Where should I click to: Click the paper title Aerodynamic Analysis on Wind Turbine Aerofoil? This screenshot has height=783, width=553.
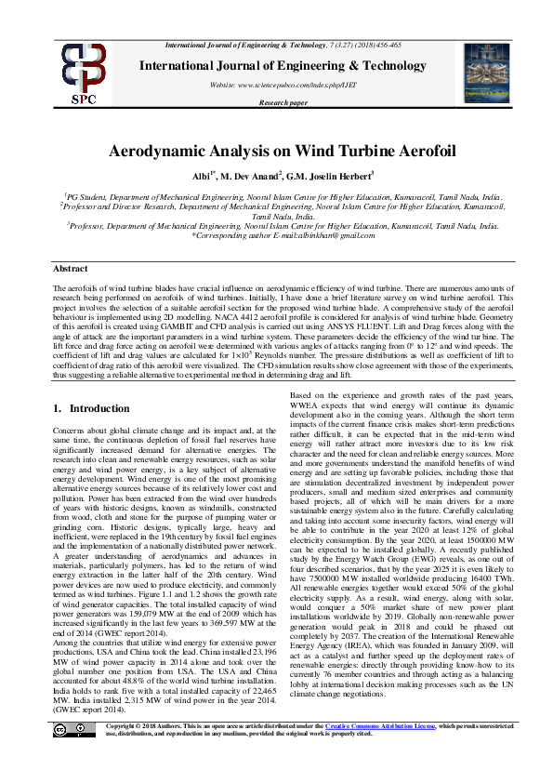pos(276,151)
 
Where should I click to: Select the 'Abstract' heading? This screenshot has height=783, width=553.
pos(71,267)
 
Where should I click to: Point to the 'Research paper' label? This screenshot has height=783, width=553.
pos(283,102)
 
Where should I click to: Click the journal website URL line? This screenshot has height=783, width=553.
pos(283,85)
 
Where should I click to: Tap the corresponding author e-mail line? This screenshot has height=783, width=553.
pos(276,236)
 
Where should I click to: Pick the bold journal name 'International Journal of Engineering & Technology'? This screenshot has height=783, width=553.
pos(283,65)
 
